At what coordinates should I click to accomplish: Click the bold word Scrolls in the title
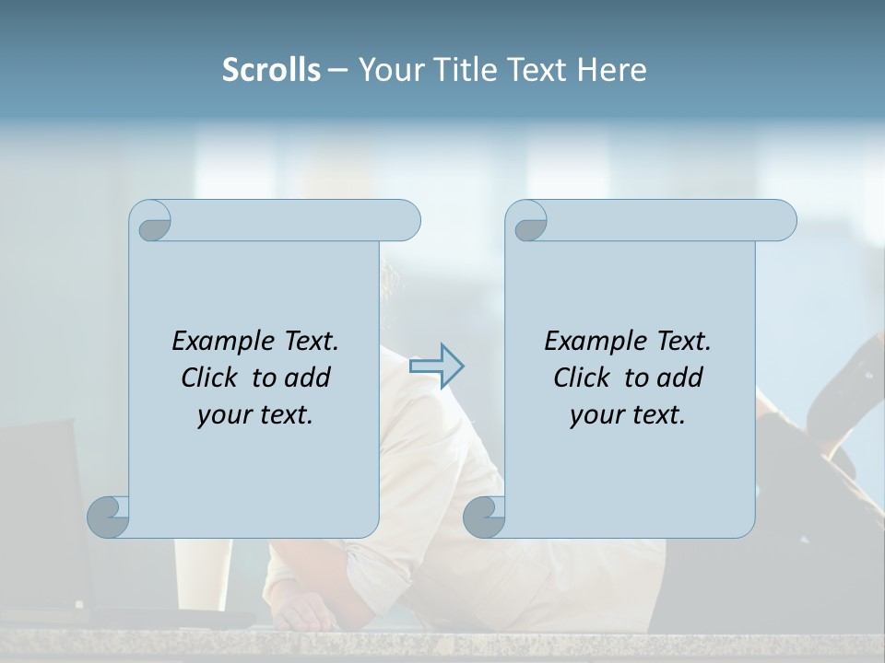click(271, 70)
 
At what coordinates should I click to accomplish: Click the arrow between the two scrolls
click(437, 366)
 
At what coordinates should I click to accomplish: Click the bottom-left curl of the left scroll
click(109, 516)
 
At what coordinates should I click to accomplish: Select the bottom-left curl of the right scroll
click(484, 516)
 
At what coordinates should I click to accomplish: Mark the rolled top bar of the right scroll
click(664, 220)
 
